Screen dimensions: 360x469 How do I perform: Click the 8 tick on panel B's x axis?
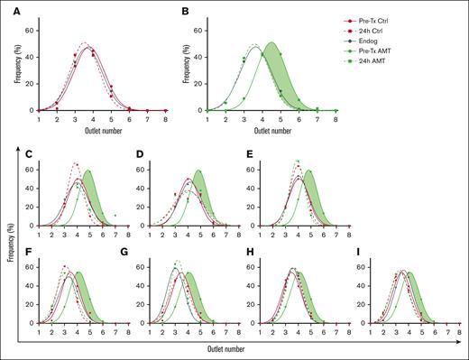[336, 118]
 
